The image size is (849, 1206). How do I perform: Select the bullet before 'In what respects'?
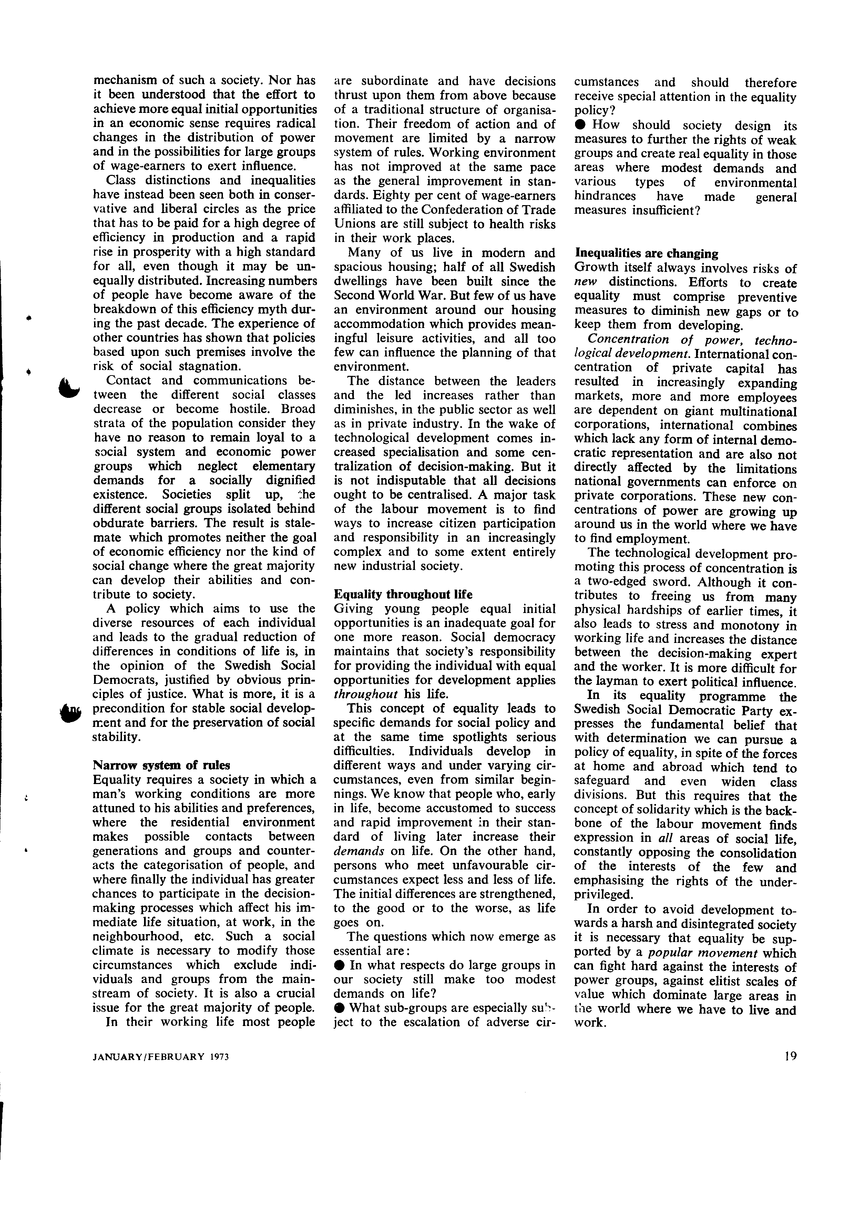340,965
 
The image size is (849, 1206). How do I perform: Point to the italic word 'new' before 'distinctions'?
585,283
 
